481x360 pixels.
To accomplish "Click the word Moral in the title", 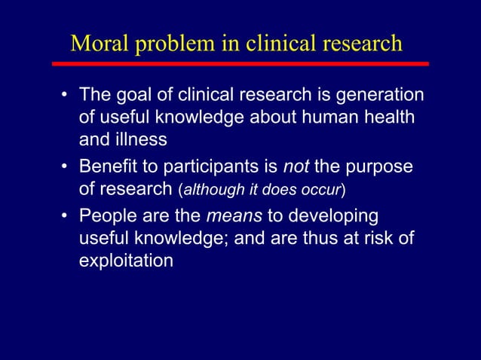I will point(97,43).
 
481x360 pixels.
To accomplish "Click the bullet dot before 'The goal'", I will point(66,96).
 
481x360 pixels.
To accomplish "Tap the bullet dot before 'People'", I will point(66,217).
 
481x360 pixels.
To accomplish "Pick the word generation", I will point(380,96).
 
